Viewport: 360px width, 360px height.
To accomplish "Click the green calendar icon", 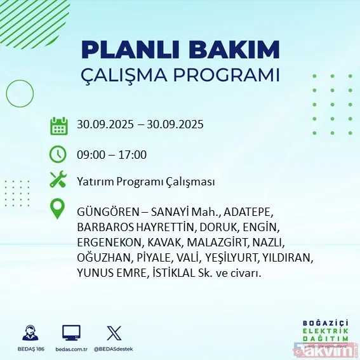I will [x=58, y=125].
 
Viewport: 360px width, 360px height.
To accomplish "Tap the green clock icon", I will [x=58, y=154].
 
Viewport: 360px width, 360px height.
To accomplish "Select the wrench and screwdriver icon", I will [x=58, y=180].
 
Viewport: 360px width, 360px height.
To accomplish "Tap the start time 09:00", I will [x=90, y=154].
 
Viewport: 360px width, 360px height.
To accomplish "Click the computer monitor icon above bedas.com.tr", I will [x=71, y=332].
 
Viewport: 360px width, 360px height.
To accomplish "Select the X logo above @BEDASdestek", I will [x=114, y=332].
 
